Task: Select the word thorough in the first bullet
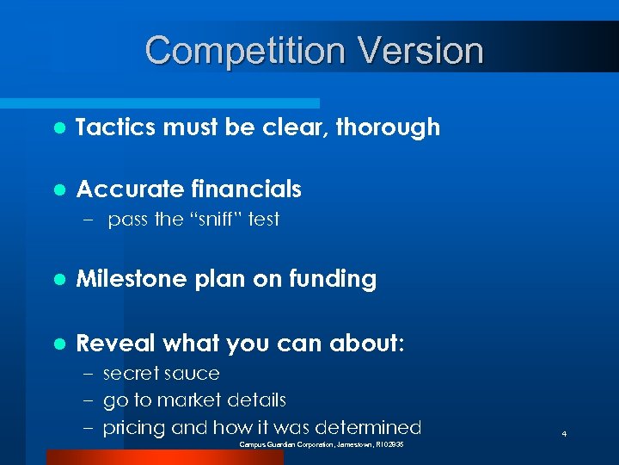click(388, 127)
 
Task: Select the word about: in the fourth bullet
click(365, 344)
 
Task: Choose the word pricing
click(134, 427)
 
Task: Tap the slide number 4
click(563, 435)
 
